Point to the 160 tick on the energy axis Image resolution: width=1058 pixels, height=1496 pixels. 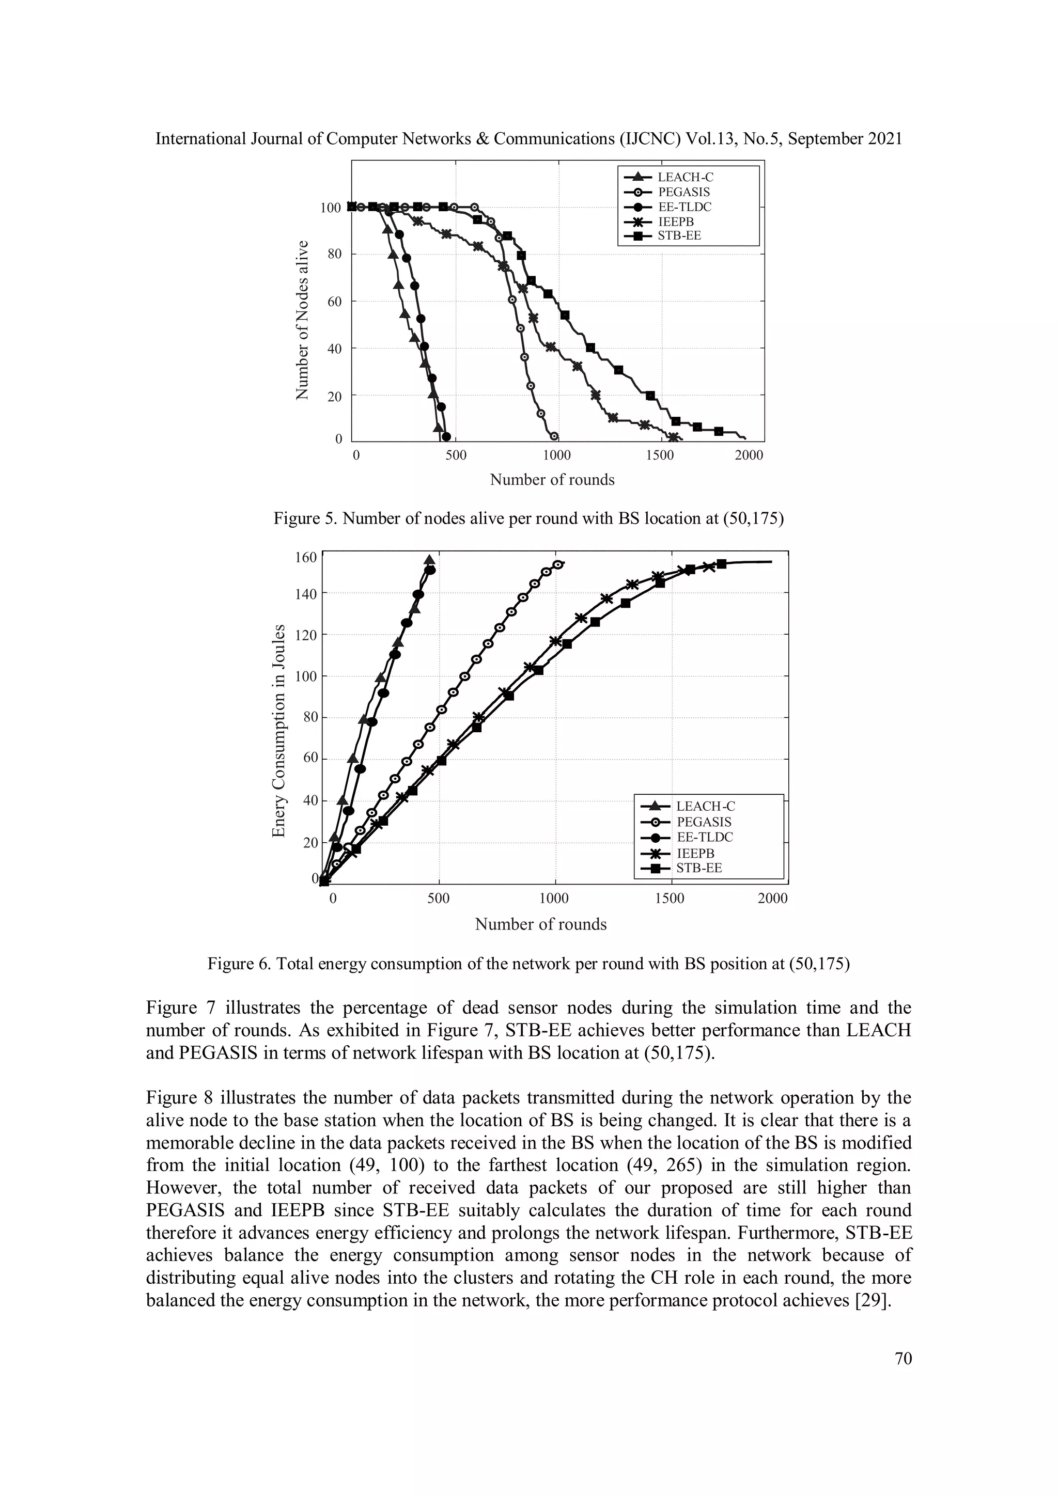306,558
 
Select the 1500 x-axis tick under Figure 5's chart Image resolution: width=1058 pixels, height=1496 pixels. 660,455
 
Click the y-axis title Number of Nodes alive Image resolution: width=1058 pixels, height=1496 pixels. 301,319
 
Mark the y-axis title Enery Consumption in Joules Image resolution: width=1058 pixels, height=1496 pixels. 279,730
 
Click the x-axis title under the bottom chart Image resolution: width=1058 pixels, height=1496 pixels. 540,924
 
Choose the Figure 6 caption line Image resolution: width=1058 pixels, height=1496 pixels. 528,964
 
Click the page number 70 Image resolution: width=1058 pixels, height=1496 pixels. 903,1359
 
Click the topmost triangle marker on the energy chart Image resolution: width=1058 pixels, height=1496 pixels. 429,560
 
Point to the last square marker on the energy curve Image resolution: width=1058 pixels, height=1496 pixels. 722,563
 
